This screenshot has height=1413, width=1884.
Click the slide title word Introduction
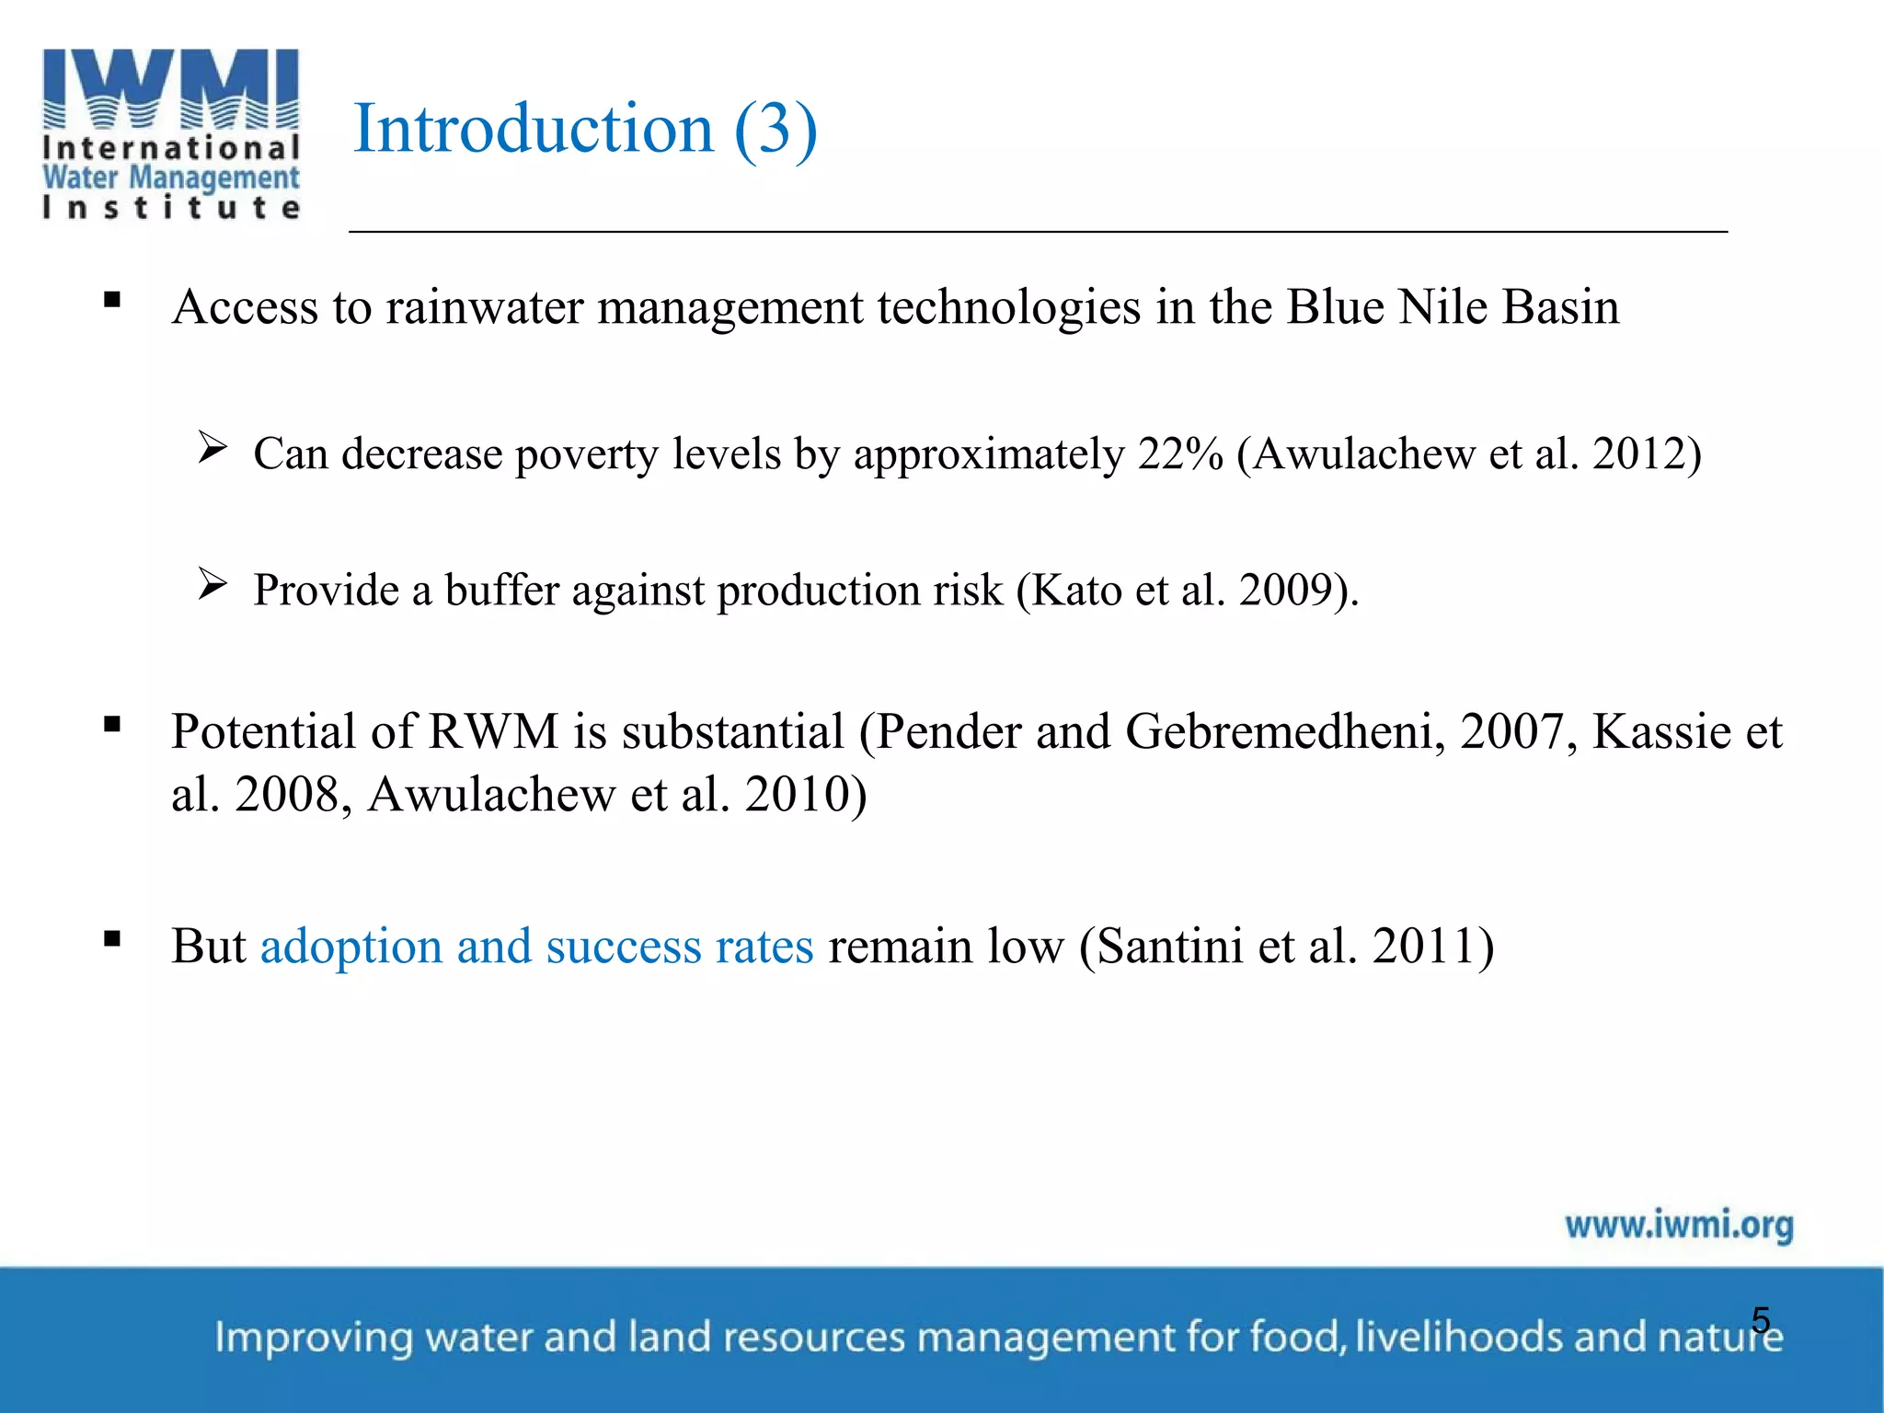[534, 129]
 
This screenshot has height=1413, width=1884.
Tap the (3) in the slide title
[775, 129]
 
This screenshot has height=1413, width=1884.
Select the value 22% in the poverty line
[1179, 454]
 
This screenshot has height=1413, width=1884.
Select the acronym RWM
[493, 732]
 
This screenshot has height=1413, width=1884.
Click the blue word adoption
[351, 946]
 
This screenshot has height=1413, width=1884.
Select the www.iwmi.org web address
[1679, 1225]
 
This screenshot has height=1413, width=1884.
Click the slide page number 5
[1761, 1320]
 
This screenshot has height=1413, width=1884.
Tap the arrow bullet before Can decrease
[213, 449]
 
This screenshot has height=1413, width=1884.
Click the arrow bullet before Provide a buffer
[213, 585]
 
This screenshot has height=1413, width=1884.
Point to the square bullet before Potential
[112, 725]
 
